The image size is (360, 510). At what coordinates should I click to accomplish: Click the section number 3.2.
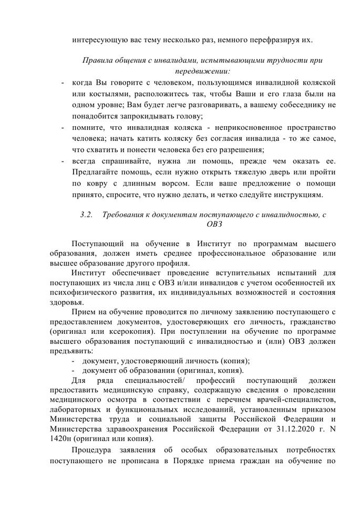coord(86,215)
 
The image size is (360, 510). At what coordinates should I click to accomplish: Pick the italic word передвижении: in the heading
coord(202,70)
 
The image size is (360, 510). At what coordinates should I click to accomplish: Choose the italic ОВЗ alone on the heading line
coord(214,225)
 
